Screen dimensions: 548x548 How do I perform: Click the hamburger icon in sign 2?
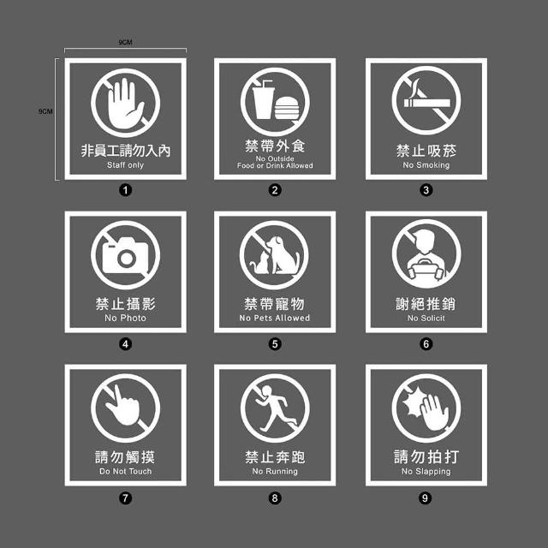pos(287,108)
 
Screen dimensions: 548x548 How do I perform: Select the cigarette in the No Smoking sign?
pos(427,103)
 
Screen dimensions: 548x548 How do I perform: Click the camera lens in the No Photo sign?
pos(126,259)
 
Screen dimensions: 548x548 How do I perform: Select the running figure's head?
pos(266,390)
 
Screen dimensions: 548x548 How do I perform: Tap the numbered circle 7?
pos(126,497)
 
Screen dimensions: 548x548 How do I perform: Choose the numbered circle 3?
pos(426,190)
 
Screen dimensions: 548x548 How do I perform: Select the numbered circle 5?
pos(275,344)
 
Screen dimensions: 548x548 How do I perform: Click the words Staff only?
pos(126,165)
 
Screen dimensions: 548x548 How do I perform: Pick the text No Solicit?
pos(426,318)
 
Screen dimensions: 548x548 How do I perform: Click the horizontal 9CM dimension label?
pos(125,42)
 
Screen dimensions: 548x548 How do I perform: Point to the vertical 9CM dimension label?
pos(45,111)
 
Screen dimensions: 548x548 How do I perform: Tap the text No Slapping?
pos(426,472)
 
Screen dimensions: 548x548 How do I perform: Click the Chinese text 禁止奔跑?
pos(275,456)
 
